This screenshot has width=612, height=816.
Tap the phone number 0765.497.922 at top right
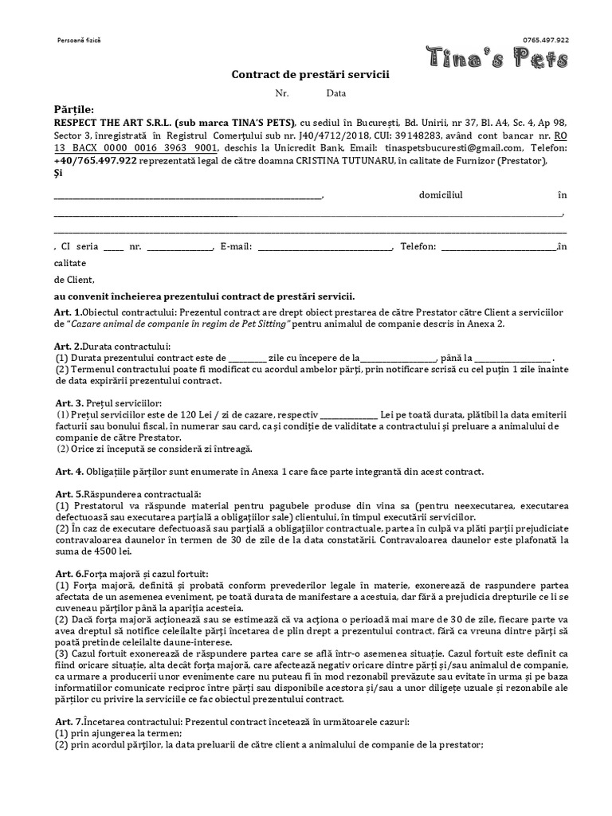546,40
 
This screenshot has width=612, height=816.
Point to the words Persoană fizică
80,40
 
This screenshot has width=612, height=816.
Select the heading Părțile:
73,109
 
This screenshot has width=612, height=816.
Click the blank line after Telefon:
499,246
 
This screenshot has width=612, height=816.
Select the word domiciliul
440,194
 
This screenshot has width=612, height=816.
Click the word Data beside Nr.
335,93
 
